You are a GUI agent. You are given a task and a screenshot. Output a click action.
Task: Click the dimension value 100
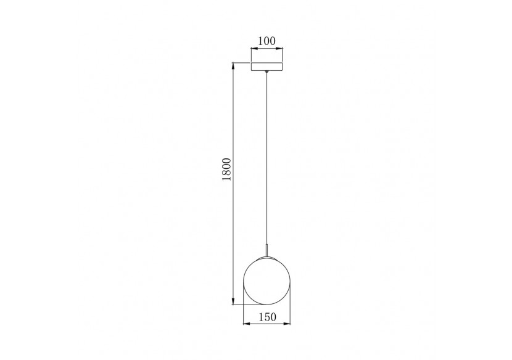(x=266, y=41)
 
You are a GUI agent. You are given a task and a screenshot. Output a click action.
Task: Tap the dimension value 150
(x=266, y=317)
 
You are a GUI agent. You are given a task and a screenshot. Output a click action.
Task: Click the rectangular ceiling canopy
(x=266, y=66)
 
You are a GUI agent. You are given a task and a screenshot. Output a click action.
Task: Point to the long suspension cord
(x=266, y=154)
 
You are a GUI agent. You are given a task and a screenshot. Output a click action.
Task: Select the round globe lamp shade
(x=266, y=277)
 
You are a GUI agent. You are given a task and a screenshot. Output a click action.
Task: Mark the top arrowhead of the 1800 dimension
(x=233, y=65)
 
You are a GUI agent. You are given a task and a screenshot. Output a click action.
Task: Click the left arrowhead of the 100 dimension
(x=253, y=49)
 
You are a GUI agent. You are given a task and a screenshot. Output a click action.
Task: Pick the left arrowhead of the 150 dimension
(x=247, y=325)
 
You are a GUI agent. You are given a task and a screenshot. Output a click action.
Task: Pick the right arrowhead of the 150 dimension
(x=287, y=325)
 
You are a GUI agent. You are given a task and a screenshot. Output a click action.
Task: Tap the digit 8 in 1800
(x=226, y=174)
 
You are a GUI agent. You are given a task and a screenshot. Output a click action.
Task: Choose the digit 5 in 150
(x=266, y=317)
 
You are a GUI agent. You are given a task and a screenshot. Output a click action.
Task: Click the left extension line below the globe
(x=244, y=314)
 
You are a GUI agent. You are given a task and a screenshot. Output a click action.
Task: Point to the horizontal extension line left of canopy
(x=241, y=62)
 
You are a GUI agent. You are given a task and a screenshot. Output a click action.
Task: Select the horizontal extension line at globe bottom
(x=247, y=304)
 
